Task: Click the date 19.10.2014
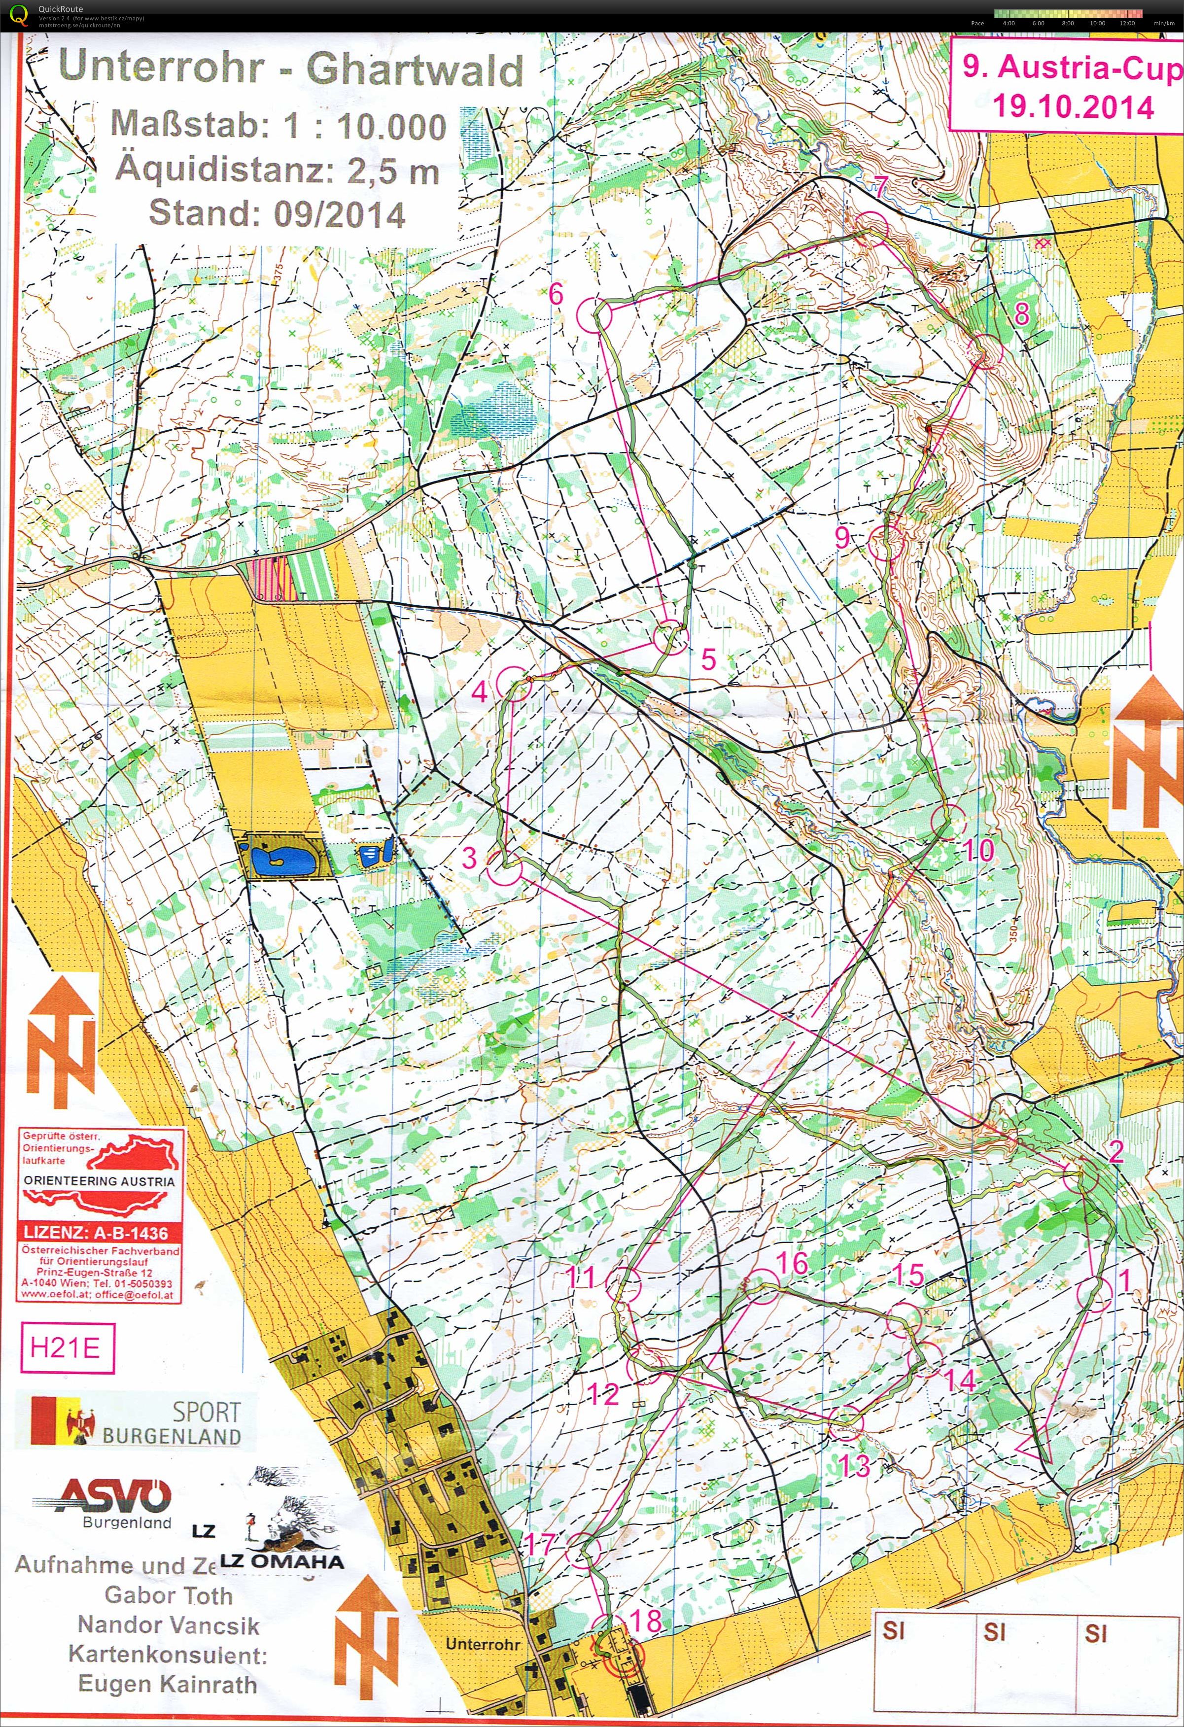[1073, 106]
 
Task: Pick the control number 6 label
[557, 294]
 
